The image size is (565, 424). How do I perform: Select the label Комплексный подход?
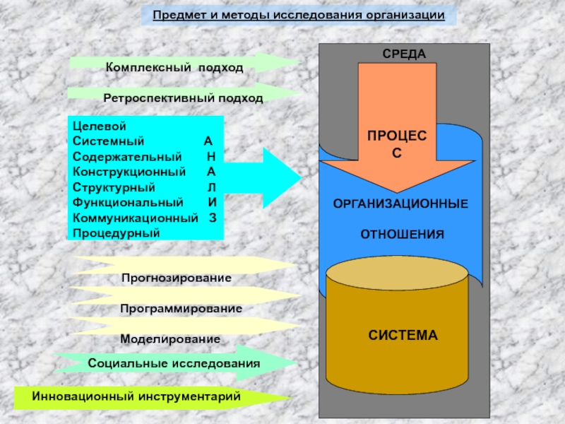[174, 68]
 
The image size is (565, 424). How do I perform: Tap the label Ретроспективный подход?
[183, 98]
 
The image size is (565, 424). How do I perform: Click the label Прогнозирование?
[176, 278]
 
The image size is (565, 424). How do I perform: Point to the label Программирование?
[181, 309]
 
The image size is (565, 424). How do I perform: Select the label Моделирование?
[170, 339]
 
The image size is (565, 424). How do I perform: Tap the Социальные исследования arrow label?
[174, 363]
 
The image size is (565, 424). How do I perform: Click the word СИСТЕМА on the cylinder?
[403, 335]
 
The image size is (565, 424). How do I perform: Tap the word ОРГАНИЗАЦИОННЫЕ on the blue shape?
[400, 204]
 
